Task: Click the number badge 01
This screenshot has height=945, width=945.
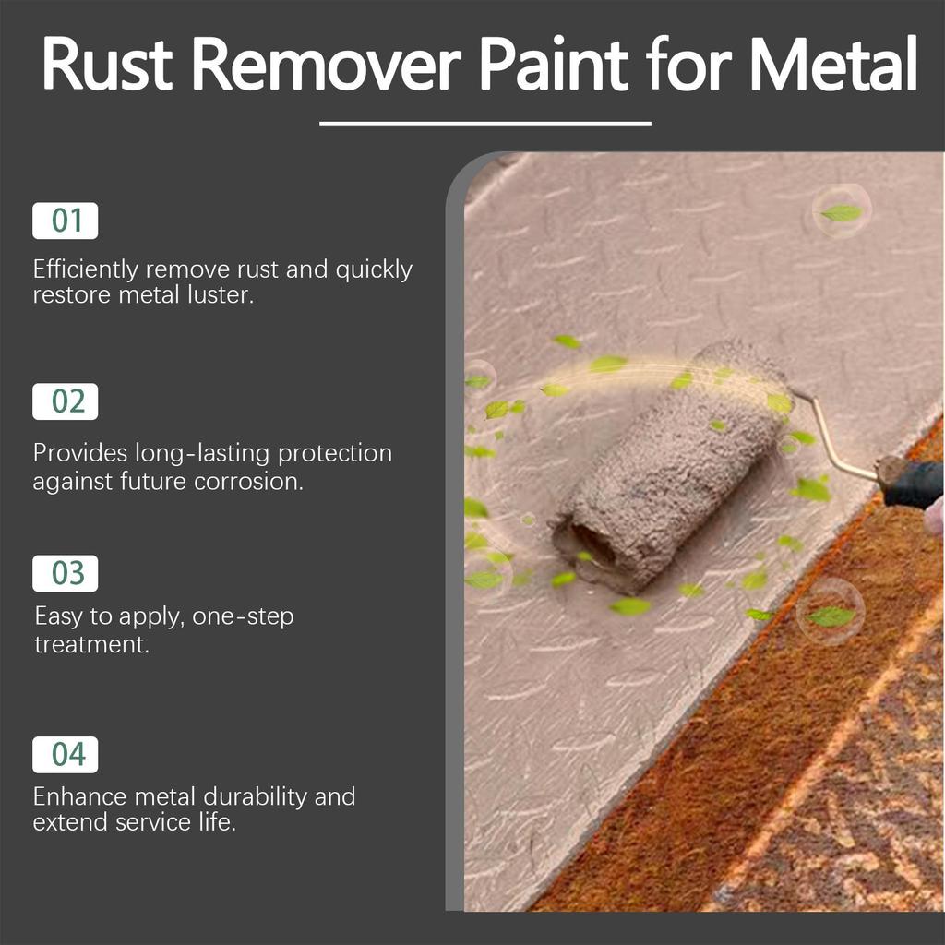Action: tap(66, 221)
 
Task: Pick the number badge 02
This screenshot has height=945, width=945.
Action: tap(66, 401)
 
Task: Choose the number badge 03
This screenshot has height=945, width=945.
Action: tap(66, 573)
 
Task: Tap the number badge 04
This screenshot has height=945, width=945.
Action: tap(66, 754)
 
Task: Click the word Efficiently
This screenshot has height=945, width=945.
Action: tap(86, 269)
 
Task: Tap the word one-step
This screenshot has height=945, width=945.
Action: tap(244, 616)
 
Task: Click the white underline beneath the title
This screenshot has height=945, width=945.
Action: tap(484, 123)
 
